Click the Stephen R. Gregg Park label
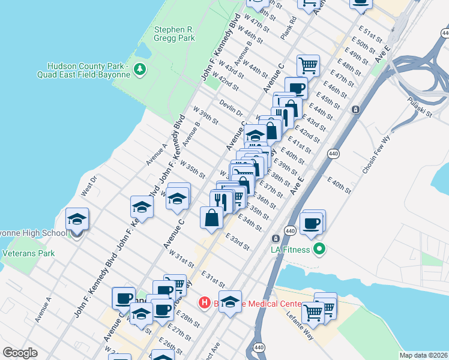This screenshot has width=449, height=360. [x=174, y=33]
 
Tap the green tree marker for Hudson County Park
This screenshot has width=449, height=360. [x=140, y=70]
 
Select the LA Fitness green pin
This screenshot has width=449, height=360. [x=319, y=247]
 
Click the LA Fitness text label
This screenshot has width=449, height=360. [x=291, y=250]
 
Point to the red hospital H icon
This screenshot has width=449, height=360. [x=204, y=303]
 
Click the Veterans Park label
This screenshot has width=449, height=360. [x=29, y=253]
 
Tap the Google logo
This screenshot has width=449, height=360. [x=20, y=353]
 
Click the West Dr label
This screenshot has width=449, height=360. [x=88, y=185]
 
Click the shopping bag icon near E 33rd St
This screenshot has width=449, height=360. [x=212, y=218]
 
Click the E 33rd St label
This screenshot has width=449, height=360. [x=237, y=242]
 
